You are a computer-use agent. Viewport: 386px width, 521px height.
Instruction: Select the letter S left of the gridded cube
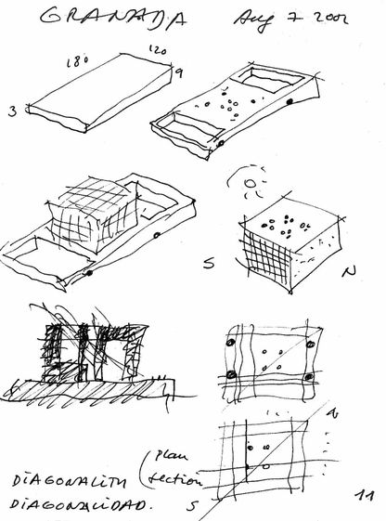click(210, 264)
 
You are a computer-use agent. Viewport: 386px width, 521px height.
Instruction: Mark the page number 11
click(362, 496)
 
